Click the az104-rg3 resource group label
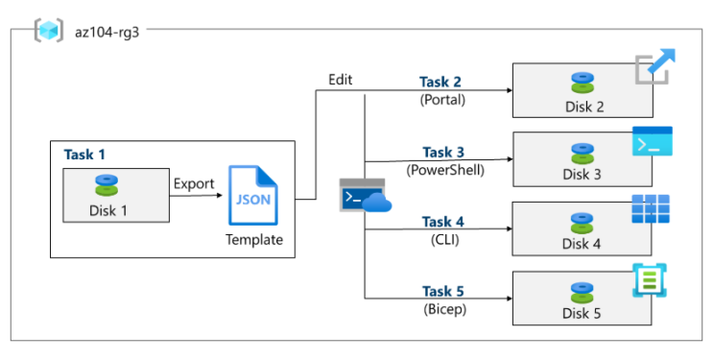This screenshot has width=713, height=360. pyautogui.click(x=107, y=33)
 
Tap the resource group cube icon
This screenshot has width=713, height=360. pyautogui.click(x=49, y=31)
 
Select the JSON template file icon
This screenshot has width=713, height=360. pyautogui.click(x=252, y=195)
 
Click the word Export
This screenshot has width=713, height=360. pyautogui.click(x=194, y=184)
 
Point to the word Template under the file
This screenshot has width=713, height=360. pyautogui.click(x=254, y=239)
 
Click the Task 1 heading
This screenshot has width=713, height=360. pyautogui.click(x=84, y=155)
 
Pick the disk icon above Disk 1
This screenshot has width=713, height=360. pyautogui.click(x=107, y=185)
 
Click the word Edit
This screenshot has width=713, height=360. pyautogui.click(x=341, y=80)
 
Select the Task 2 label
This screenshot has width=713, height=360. pyautogui.click(x=440, y=82)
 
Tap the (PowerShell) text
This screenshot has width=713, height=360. pyautogui.click(x=445, y=170)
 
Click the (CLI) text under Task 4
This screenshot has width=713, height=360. pyautogui.click(x=444, y=239)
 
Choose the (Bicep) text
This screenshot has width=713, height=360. pyautogui.click(x=444, y=309)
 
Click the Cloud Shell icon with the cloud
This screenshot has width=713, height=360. pyautogui.click(x=366, y=195)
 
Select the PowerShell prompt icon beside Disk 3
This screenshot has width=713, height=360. pyautogui.click(x=653, y=141)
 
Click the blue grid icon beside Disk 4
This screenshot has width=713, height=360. pyautogui.click(x=651, y=209)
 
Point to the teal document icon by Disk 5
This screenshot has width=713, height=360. pyautogui.click(x=650, y=280)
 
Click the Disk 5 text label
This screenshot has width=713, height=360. pyautogui.click(x=582, y=313)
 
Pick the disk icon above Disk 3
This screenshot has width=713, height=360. pyautogui.click(x=582, y=154)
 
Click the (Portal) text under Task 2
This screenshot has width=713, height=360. pyautogui.click(x=442, y=100)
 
